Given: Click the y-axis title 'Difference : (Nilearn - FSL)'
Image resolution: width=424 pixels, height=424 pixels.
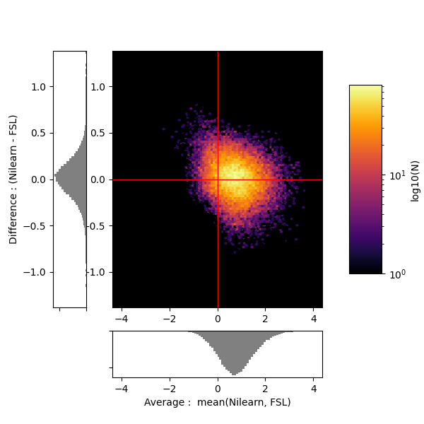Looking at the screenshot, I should [x=13, y=179].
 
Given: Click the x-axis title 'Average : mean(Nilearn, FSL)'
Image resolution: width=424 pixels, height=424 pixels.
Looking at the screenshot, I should [x=218, y=402].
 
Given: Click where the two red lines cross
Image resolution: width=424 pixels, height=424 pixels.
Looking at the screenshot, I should [x=218, y=179].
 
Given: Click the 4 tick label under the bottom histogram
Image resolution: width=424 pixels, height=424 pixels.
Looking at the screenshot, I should [x=314, y=389].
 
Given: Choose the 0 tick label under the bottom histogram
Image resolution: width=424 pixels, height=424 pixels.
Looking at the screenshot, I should [x=218, y=389].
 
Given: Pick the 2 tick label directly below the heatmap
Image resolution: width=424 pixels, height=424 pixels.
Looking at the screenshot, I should [x=266, y=319].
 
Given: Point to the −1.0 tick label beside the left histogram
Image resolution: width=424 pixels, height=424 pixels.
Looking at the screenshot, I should [x=37, y=272].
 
